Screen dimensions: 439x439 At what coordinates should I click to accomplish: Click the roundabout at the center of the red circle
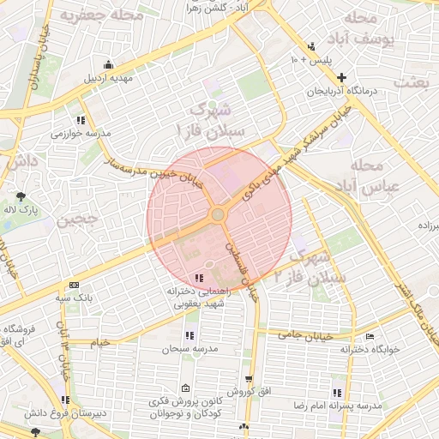coord(219,213)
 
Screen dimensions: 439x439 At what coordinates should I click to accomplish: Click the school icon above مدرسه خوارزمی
coord(81,120)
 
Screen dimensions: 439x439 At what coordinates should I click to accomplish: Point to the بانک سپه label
coord(74,298)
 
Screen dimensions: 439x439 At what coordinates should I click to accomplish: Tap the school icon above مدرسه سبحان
coord(189,336)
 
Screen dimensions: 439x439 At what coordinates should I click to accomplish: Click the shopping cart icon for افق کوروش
coord(249,379)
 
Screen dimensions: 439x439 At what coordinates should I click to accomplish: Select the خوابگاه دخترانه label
coord(369,349)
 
